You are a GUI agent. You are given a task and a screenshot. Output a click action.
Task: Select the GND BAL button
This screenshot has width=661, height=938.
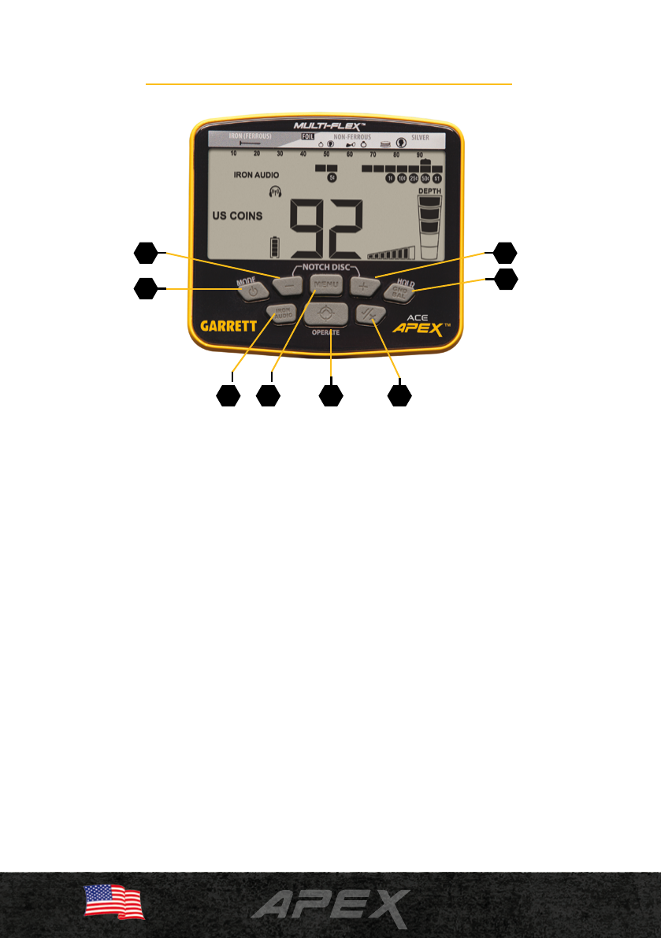click(399, 291)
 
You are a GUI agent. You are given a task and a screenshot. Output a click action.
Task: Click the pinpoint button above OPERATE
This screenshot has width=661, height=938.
click(326, 313)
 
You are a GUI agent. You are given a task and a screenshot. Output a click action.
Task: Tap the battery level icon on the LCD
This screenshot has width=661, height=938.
click(275, 247)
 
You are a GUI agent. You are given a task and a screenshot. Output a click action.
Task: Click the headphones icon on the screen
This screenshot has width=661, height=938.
click(275, 191)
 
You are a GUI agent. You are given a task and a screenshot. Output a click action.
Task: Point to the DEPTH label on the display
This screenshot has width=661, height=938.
click(429, 191)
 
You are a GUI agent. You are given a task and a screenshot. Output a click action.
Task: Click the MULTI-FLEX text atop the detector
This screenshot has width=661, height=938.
click(327, 125)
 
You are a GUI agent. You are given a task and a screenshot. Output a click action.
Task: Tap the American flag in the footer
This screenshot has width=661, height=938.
click(114, 902)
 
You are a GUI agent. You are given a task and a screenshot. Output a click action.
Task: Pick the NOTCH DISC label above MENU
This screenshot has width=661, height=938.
click(325, 265)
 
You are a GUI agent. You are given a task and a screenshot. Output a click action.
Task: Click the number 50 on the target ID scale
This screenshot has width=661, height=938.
click(326, 154)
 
